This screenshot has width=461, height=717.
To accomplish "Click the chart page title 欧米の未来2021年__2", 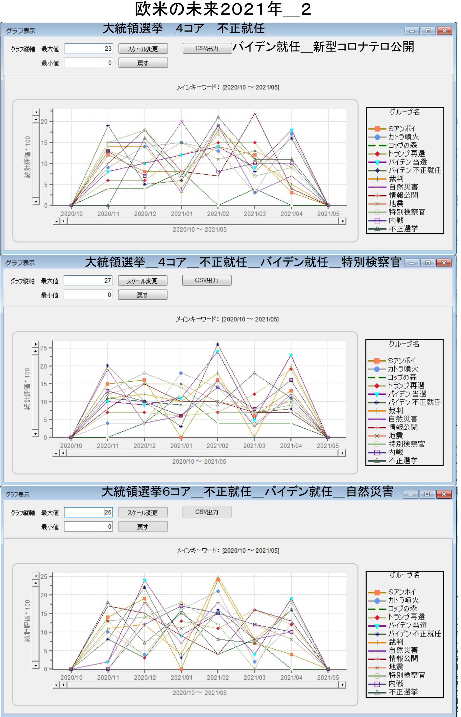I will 223,10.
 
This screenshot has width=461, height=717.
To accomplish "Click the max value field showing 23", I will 88,49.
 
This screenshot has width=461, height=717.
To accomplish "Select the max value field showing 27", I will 88,280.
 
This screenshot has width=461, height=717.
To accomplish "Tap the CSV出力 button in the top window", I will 207,48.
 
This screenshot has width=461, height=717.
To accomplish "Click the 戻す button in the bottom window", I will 143,526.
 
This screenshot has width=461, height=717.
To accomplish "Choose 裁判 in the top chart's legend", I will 396,179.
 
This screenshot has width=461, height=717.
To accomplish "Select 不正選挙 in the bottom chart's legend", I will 403,692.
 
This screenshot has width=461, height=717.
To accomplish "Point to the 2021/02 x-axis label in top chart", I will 218,214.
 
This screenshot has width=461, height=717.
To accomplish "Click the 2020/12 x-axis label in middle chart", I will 145,446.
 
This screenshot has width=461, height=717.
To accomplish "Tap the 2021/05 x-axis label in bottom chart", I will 328,677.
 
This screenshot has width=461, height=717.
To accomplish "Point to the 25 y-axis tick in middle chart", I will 44,348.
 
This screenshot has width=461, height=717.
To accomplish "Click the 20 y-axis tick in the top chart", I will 44,121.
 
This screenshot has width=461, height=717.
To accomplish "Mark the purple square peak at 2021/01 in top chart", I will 181,122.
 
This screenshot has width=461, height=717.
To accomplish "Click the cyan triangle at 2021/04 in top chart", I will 292,130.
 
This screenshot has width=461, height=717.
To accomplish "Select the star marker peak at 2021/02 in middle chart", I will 218,344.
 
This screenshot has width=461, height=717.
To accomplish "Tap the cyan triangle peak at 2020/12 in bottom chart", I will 145,580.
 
